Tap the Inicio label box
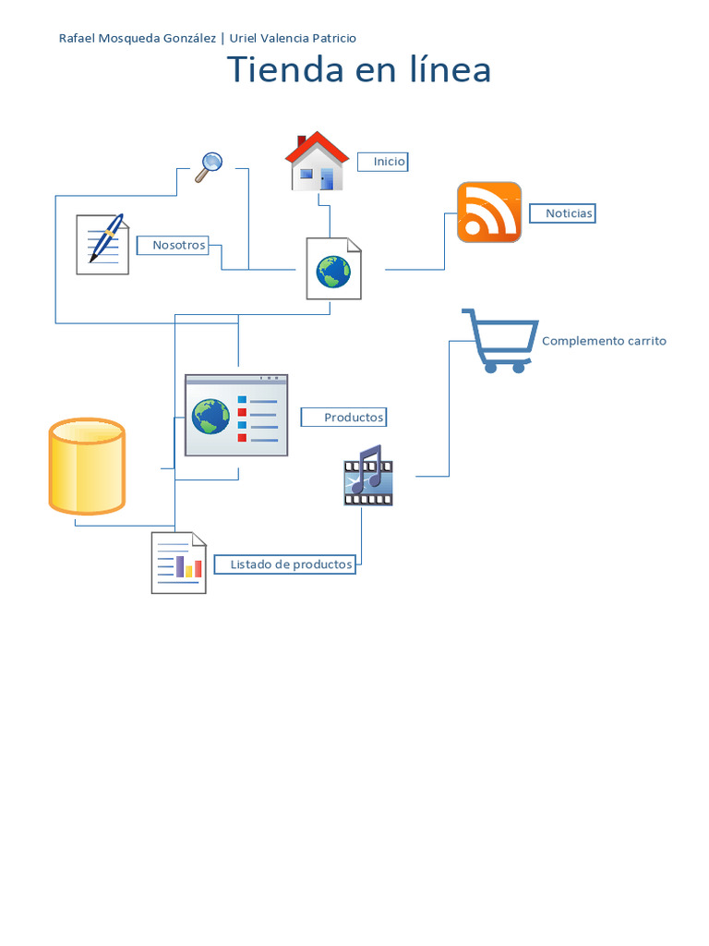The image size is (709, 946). pos(383,162)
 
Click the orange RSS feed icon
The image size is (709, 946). pos(489,212)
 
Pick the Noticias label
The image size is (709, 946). pos(563,213)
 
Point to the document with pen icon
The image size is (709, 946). pos(102,244)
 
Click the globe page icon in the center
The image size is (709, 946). pos(333,269)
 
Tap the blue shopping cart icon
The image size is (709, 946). pos(499,341)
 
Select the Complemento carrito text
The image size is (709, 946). pos(604,341)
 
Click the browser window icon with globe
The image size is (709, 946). pos(236,415)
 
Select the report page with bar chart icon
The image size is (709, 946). pos(178,563)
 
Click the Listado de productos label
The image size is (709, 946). pos(285,564)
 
